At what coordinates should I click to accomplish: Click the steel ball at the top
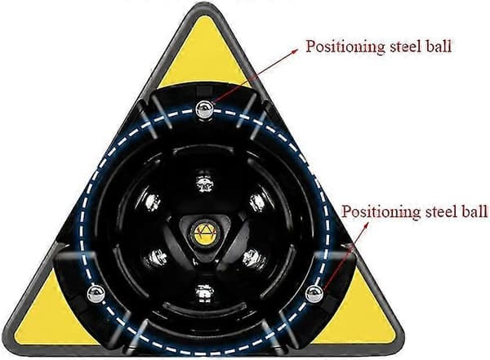(204, 109)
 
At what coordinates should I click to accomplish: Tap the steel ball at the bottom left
(96, 293)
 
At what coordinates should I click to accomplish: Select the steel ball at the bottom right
(314, 294)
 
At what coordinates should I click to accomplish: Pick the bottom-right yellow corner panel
(359, 316)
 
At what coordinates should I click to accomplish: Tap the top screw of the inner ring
(205, 182)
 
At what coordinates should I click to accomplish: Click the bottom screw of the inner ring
(204, 294)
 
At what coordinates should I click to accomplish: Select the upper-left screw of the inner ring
(153, 202)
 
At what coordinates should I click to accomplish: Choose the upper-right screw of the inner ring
(258, 202)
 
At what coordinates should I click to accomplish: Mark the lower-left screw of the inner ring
(154, 259)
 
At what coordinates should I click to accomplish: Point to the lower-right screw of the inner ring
(254, 259)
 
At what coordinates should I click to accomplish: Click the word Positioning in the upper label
(345, 47)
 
